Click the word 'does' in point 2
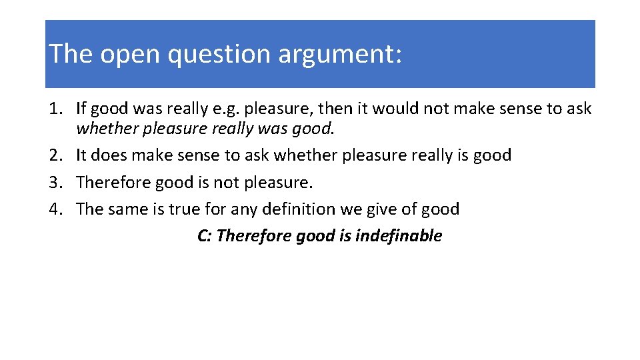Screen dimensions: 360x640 (x=109, y=155)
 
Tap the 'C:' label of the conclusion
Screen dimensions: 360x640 (x=205, y=235)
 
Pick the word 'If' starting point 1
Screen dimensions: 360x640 (x=81, y=108)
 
